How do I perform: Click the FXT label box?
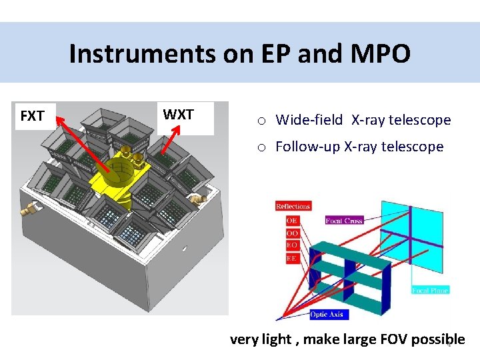(32, 116)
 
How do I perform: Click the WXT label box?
(178, 115)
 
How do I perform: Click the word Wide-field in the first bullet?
(309, 120)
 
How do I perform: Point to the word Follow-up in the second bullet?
(307, 147)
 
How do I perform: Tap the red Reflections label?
(293, 206)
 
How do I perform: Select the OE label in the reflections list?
(292, 220)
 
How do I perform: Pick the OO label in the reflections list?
(292, 233)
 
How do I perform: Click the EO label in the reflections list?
(292, 245)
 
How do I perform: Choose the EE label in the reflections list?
(292, 257)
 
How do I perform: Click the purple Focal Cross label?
(345, 220)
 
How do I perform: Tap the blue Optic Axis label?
(329, 314)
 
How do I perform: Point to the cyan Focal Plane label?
(430, 290)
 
